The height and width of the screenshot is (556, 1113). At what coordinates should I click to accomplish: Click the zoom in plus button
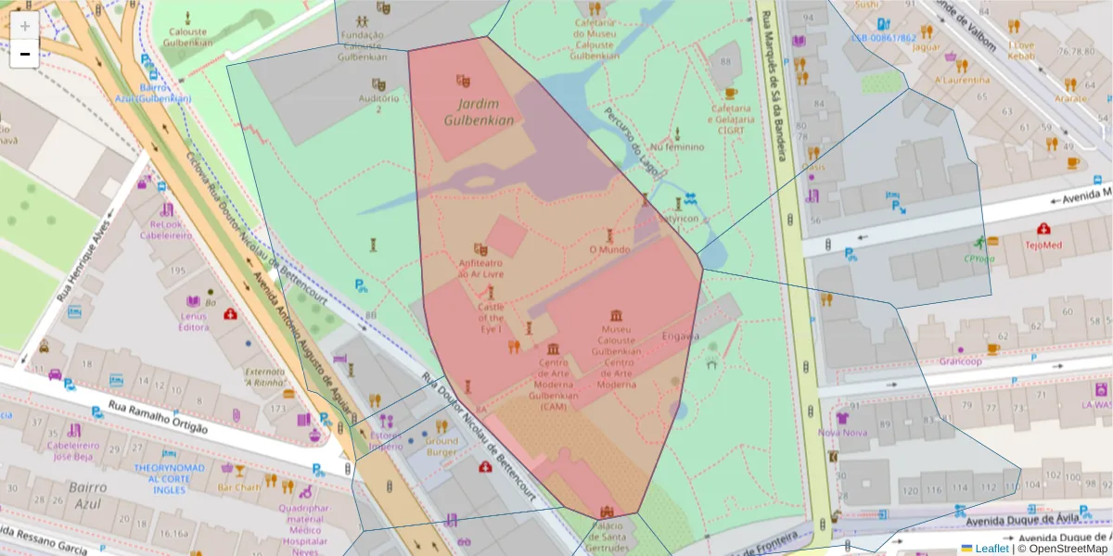coord(25,26)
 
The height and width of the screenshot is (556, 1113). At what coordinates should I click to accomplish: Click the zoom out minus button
coord(25,54)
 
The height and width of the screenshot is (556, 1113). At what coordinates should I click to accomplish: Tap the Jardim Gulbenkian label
coord(479,112)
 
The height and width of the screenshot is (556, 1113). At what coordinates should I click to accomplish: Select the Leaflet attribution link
coord(990,549)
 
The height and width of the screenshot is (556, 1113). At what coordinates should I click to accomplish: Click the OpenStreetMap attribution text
coord(1064,549)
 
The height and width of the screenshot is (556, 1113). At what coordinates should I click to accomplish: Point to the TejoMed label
coord(1043,246)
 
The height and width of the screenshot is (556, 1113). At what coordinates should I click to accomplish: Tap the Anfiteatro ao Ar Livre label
coord(481,268)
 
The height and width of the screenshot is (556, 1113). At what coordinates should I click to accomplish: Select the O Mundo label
coord(609,249)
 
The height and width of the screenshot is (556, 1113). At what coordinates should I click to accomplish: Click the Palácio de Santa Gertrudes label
coord(608,535)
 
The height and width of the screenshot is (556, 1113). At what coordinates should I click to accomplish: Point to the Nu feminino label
coord(677,146)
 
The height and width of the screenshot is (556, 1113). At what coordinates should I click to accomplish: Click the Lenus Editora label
coord(193,321)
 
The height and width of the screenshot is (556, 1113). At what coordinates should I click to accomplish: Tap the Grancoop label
coord(959,361)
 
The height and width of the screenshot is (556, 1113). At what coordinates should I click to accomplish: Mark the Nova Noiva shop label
coord(842,433)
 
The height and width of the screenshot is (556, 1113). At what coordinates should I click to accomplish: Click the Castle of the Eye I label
coord(491,318)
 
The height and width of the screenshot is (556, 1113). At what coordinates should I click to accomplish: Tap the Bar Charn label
coord(238,487)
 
